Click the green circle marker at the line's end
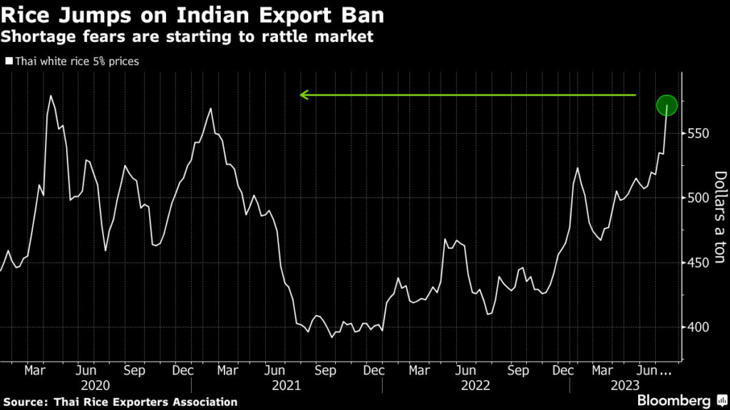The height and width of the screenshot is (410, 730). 667,105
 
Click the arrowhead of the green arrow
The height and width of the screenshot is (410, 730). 304,95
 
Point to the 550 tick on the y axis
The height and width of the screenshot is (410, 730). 698,133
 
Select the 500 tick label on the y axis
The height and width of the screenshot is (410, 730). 698,198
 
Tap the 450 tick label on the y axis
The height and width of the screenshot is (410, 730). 698,263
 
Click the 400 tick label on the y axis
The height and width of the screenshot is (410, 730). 698,327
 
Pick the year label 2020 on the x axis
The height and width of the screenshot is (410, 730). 95,384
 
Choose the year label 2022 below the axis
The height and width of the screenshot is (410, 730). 475,384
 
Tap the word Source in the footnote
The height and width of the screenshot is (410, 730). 26,402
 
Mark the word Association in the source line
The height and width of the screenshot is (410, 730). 197,402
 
